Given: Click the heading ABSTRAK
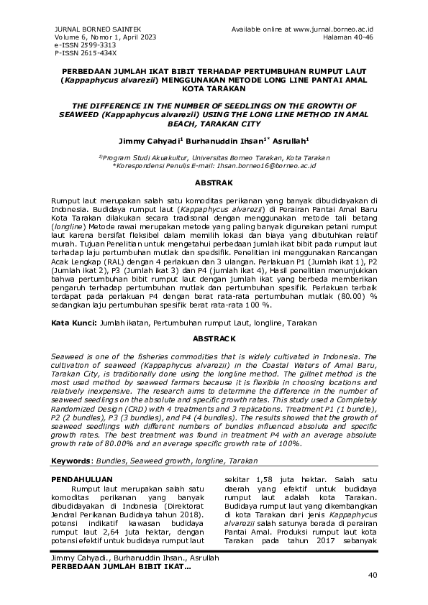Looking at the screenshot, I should point(214,183).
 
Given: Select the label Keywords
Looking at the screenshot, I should point(74,461).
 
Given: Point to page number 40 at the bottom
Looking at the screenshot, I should point(372,575).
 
